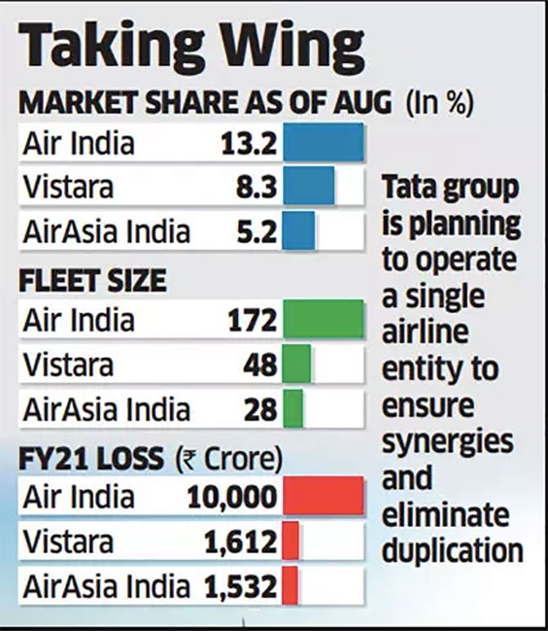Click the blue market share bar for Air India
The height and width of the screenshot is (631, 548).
tap(323, 144)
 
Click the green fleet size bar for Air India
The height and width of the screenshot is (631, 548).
tap(323, 319)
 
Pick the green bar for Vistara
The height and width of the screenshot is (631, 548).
tap(298, 363)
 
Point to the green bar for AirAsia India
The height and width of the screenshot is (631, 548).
tap(294, 408)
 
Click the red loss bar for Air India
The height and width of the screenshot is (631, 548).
tap(323, 497)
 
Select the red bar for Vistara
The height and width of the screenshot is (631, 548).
tap(290, 541)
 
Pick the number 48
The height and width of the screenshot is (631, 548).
tap(261, 364)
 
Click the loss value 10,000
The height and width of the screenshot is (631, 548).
tap(232, 498)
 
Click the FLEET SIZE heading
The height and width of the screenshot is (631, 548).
tap(92, 282)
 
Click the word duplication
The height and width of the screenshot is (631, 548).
tap(452, 548)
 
